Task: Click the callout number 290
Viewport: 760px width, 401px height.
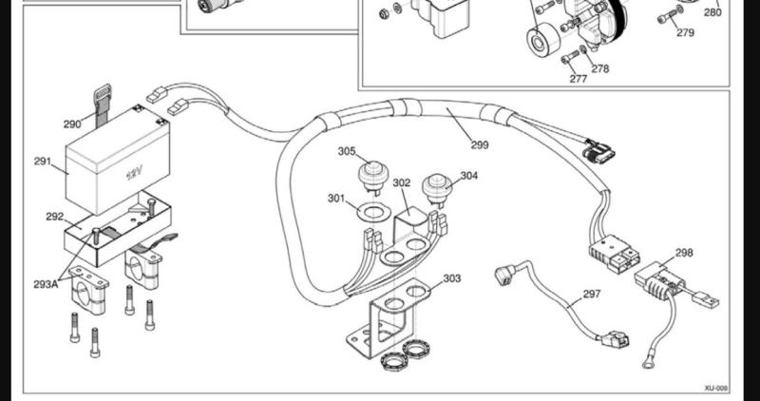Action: tap(72, 124)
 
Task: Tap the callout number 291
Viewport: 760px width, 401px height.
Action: tap(43, 162)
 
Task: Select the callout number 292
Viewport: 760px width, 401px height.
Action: tap(55, 217)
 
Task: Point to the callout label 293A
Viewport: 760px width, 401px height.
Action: tap(45, 283)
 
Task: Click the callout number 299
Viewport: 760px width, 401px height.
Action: tap(482, 145)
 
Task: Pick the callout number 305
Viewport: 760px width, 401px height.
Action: tap(348, 151)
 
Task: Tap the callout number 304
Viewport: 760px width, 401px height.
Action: tap(469, 176)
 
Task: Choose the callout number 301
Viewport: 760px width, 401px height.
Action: tap(336, 199)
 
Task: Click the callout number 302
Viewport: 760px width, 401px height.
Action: tap(402, 182)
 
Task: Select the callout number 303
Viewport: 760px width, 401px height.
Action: tap(452, 278)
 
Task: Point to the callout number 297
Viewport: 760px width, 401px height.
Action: tap(591, 295)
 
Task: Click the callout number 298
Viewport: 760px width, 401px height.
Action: tap(684, 254)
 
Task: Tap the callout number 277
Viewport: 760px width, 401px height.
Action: tap(579, 79)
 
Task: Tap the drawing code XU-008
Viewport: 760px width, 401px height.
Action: tap(716, 389)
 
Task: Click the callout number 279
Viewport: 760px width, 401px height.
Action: tap(685, 32)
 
